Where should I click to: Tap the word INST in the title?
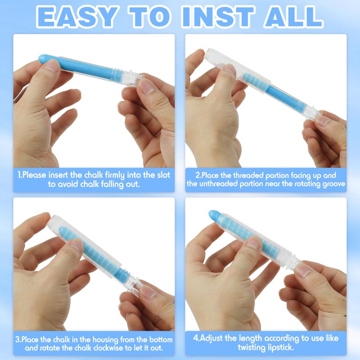click(217, 17)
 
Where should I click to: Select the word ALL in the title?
click(293, 17)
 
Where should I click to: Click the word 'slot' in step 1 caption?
click(163, 175)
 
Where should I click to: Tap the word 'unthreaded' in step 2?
click(219, 184)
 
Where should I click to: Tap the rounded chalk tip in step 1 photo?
click(43, 59)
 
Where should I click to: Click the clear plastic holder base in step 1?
click(129, 77)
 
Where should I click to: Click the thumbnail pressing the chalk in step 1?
click(52, 65)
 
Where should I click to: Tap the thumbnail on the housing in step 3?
click(77, 245)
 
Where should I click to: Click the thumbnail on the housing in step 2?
click(230, 69)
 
